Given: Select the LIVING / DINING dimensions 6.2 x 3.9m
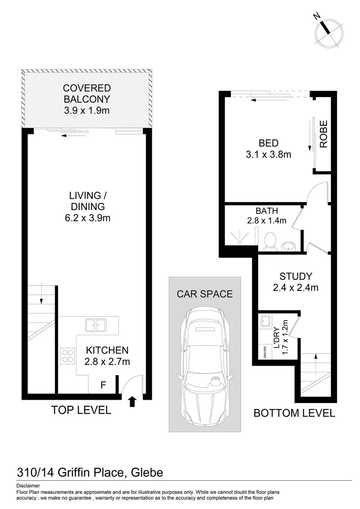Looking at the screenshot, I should coord(87,218).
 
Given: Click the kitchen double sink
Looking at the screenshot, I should coord(96,324).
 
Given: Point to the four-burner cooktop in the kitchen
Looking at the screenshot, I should coord(67,355).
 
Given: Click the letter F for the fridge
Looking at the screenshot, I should coord(103,385).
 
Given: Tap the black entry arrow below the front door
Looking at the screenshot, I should coord(132,401).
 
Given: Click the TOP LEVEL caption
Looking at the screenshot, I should coord(81,410).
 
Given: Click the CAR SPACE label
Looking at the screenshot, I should coord(205,294).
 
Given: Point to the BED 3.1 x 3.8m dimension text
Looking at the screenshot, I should coord(268,154).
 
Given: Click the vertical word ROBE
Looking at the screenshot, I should coord(323,134).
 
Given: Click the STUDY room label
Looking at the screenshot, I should coord(295,277).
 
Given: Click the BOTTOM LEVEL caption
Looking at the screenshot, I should coord(294,413).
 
